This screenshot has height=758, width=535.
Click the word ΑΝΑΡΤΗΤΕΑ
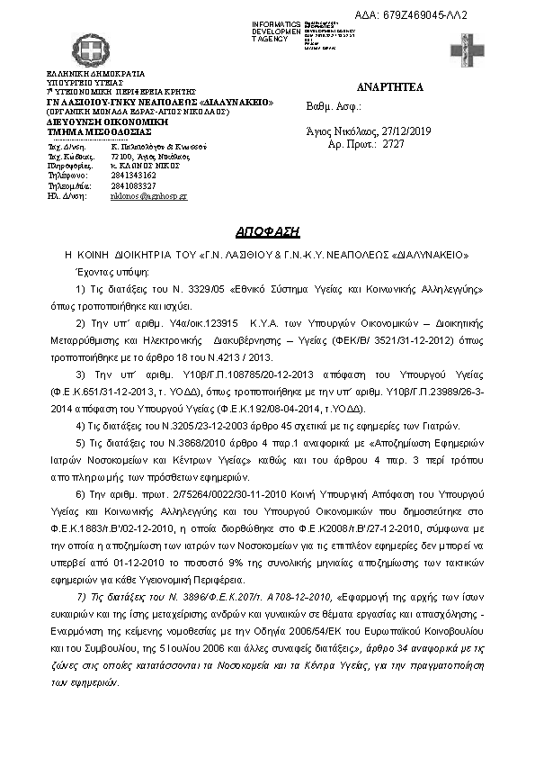click(389, 87)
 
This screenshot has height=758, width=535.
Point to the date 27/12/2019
click(406, 131)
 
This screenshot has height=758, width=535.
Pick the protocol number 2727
click(394, 143)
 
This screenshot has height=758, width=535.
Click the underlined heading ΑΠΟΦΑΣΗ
click(267, 230)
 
